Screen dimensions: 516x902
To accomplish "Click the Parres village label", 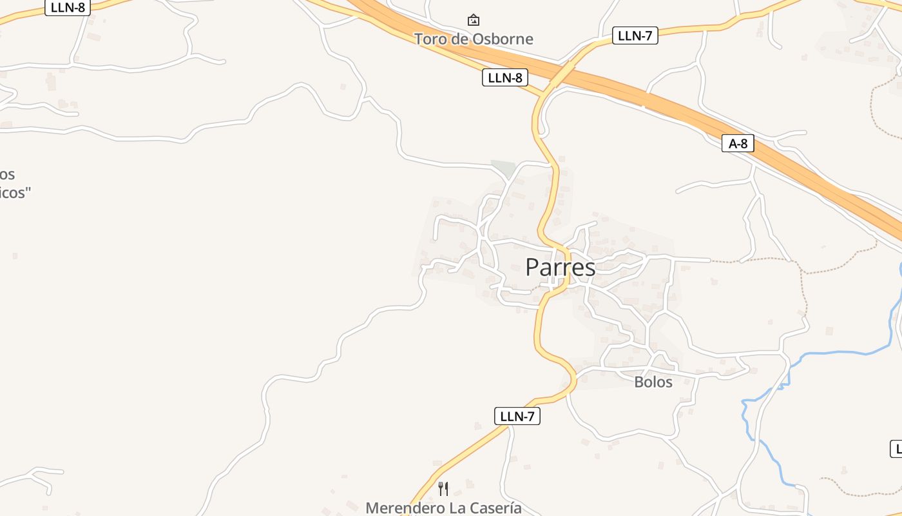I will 560,267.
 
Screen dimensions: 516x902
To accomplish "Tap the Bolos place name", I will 653,382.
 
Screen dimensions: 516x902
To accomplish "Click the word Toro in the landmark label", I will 430,39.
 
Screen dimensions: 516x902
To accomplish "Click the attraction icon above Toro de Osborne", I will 474,20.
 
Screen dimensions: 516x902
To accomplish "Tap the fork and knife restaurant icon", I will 443,488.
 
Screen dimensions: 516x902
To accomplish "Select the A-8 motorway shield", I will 738,143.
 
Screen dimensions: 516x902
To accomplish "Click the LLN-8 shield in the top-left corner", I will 67,7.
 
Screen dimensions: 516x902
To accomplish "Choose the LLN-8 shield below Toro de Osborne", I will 504,78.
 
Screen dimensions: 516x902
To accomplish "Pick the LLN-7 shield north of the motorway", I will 635,35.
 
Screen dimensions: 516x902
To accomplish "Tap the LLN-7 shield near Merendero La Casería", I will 517,416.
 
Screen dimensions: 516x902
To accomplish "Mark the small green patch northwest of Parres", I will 504,168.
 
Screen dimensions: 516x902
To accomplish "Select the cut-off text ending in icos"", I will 14,192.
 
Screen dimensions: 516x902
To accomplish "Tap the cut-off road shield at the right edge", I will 896,448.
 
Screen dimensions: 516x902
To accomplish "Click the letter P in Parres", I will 533,267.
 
